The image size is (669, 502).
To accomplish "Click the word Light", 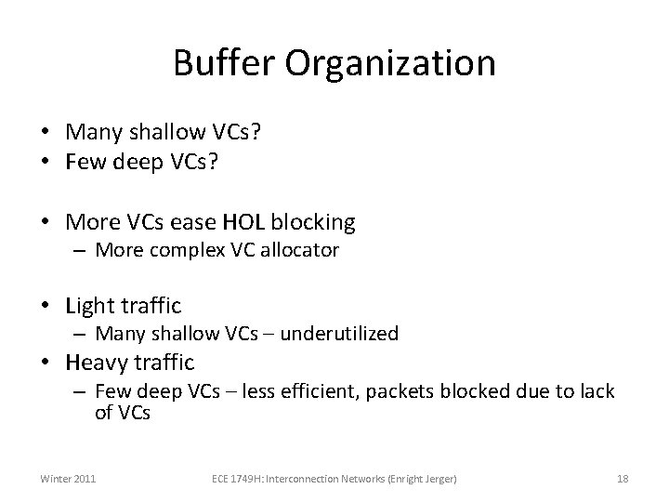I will [89, 305].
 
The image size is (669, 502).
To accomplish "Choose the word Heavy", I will [97, 362].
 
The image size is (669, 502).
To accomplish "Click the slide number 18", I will [623, 479].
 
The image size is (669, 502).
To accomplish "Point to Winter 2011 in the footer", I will [67, 479].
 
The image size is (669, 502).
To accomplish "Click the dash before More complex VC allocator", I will [82, 250].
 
